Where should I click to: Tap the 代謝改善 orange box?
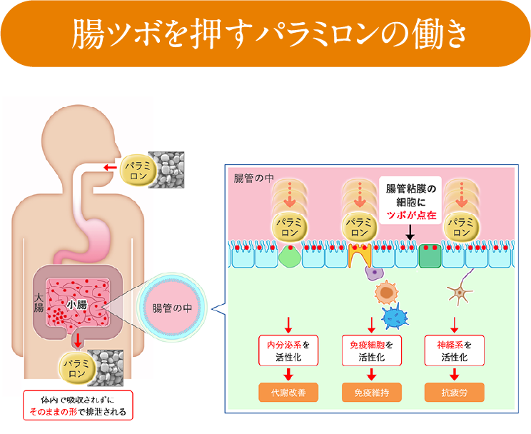tap(288, 392)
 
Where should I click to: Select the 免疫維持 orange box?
tap(371, 392)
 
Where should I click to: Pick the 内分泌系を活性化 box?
tap(288, 350)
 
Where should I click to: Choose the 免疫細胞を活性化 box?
tap(371, 350)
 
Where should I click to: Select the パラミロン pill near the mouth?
tap(137, 170)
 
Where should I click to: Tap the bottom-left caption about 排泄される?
tap(77, 405)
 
